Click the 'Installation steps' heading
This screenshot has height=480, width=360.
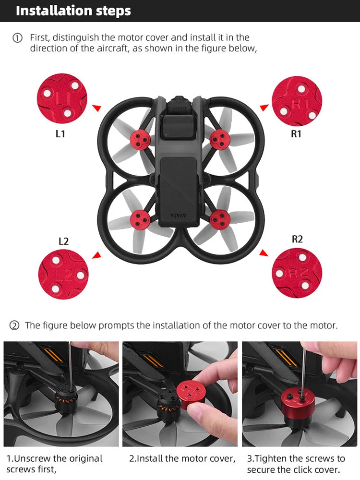[x=73, y=11]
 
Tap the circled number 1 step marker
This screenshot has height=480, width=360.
[x=17, y=38]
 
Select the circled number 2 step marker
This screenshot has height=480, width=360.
[x=14, y=326]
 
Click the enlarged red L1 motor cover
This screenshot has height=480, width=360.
[x=62, y=98]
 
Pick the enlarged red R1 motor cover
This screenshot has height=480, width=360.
[x=297, y=101]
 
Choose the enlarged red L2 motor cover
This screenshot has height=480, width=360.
[x=63, y=274]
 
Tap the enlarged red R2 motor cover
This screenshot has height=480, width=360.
[x=297, y=273]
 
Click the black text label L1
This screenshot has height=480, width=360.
[x=60, y=134]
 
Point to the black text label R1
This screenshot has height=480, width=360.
[x=296, y=134]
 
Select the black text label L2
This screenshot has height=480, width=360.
[x=63, y=241]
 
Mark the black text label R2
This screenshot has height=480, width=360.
[x=297, y=239]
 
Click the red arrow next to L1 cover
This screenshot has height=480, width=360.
[x=97, y=108]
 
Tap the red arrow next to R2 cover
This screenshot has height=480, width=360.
[x=264, y=252]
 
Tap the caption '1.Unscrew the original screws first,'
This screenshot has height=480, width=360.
[x=55, y=464]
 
